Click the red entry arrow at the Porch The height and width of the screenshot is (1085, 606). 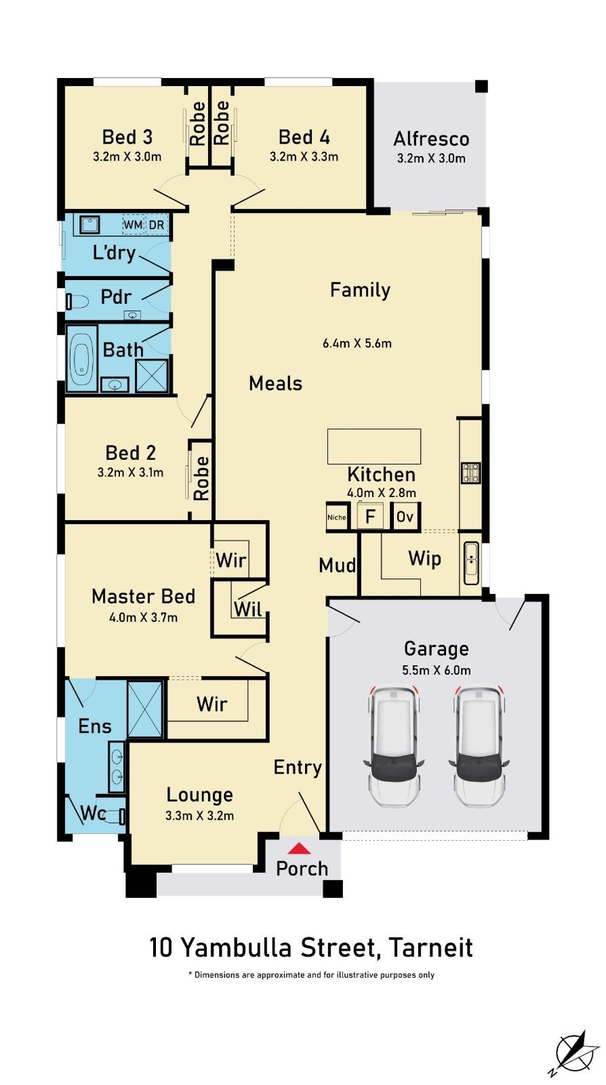[x=300, y=848]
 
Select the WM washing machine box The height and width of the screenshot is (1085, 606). [x=133, y=224]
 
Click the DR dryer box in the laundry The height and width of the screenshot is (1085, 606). [x=157, y=224]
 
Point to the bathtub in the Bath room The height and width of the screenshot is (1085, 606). [x=81, y=358]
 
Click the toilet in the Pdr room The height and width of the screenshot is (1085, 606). [x=77, y=302]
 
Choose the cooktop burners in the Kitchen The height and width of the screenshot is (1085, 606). [x=470, y=473]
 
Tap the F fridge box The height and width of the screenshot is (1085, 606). [x=370, y=516]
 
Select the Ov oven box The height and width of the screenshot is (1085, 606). [x=405, y=517]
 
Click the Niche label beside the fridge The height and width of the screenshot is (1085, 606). [x=336, y=517]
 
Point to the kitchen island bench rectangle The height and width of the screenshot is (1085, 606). [x=373, y=447]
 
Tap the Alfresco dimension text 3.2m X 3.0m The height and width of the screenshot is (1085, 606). [x=431, y=159]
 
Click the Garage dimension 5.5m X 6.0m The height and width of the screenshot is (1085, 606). [x=436, y=671]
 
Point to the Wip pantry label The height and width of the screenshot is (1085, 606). [x=424, y=559]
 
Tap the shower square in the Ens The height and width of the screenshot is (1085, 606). [x=145, y=709]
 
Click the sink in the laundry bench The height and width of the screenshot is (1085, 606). [x=90, y=224]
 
